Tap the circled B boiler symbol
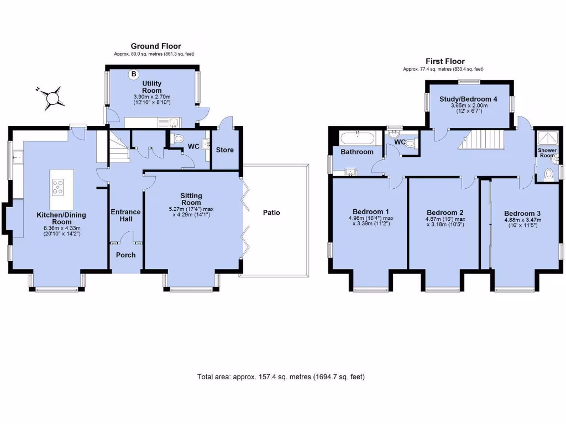point(133,74)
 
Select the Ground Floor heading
point(155,46)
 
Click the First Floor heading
point(445,61)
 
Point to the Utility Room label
point(152,87)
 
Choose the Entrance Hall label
point(126,215)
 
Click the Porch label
point(125,255)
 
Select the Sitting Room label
point(191,199)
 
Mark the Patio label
point(271,212)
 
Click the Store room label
point(225,150)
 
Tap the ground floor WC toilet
point(177,140)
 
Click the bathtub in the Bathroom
point(357,138)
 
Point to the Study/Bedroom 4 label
point(468,99)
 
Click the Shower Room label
point(547,153)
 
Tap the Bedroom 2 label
point(444,213)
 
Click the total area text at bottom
point(281,377)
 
